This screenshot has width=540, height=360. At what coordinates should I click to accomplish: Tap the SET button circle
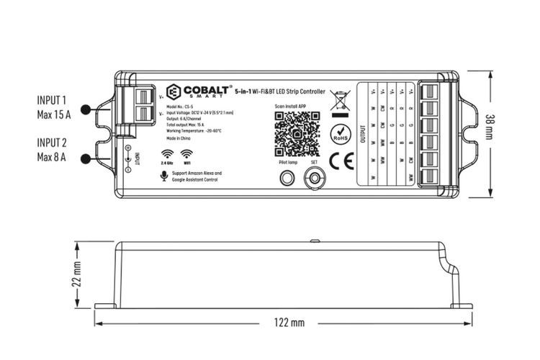click(x=314, y=181)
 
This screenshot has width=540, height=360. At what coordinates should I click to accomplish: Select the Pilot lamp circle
click(x=287, y=180)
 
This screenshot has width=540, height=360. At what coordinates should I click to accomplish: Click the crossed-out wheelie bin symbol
click(x=337, y=101)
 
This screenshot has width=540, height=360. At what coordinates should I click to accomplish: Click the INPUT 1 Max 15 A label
click(x=54, y=107)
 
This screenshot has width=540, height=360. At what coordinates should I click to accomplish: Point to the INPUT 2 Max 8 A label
click(x=54, y=149)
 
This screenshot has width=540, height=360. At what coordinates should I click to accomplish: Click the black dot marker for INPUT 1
click(x=86, y=110)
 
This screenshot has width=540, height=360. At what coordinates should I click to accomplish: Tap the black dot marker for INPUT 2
click(x=86, y=158)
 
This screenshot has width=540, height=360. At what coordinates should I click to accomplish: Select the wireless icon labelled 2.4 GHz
click(x=166, y=153)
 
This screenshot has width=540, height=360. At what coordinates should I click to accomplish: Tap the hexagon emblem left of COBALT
click(x=174, y=91)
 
